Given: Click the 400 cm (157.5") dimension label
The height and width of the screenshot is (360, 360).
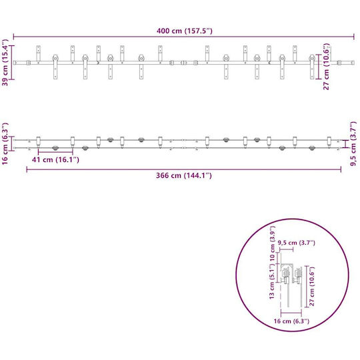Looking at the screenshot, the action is [x=185, y=31].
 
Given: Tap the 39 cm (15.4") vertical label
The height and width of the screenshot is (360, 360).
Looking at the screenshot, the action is [x=5, y=63].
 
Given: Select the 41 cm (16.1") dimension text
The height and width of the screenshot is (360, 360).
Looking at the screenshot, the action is [x=55, y=159].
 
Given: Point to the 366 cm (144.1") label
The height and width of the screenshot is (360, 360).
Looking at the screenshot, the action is [x=184, y=175].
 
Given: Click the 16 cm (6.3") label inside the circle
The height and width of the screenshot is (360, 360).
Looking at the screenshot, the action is [x=291, y=321].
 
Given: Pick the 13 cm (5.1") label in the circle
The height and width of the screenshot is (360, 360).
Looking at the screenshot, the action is [x=272, y=281].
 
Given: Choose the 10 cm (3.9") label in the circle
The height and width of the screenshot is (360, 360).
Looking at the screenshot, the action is [x=272, y=243].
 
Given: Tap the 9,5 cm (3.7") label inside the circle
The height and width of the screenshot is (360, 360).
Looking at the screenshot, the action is [x=297, y=243].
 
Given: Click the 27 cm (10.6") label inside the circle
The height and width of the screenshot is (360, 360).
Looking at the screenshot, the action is [x=312, y=286].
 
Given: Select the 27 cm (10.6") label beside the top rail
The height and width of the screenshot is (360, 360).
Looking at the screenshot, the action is [x=326, y=67].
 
